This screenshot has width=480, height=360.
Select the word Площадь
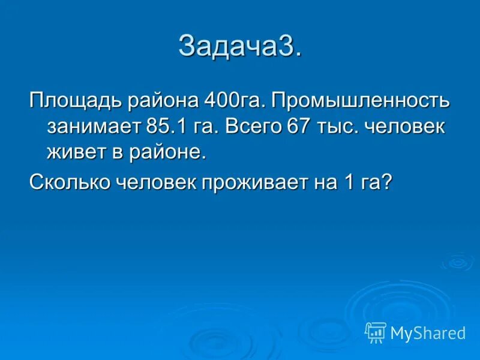point(74,100)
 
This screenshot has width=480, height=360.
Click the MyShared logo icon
point(375,332)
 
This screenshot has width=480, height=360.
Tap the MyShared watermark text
point(428,332)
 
